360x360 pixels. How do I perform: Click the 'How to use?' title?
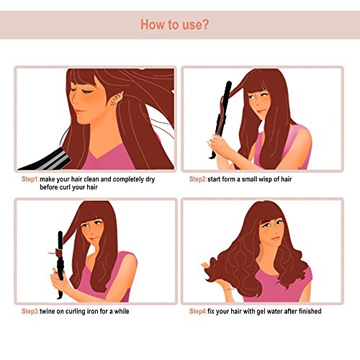(174, 24)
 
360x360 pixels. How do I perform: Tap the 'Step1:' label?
(30, 179)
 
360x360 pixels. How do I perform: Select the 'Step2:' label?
(198, 179)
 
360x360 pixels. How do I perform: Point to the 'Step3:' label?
(30, 311)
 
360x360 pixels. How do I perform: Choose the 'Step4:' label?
(198, 311)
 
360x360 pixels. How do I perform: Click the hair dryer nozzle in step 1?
(45, 161)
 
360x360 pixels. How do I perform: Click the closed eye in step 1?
(87, 91)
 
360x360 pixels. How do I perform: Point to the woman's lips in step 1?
(80, 112)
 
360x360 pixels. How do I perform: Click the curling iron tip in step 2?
(228, 84)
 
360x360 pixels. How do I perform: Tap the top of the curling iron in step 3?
(60, 233)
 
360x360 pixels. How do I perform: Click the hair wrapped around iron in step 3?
(58, 253)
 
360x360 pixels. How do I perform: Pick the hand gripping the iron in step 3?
(59, 279)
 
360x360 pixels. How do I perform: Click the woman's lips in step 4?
(275, 238)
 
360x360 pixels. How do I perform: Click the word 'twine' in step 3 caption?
(48, 311)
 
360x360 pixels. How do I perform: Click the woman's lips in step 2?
(261, 112)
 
